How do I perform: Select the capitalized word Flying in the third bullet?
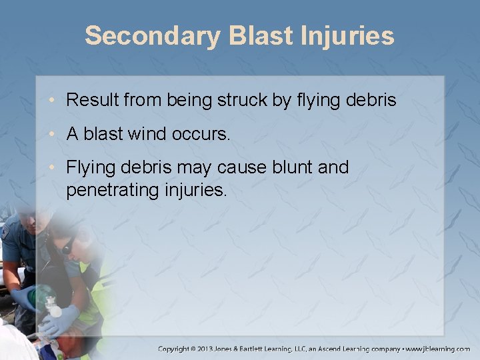coord(91,167)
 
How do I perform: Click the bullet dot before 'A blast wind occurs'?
coord(55,135)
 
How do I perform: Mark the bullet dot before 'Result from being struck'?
coord(55,101)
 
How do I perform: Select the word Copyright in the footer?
coord(175,349)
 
